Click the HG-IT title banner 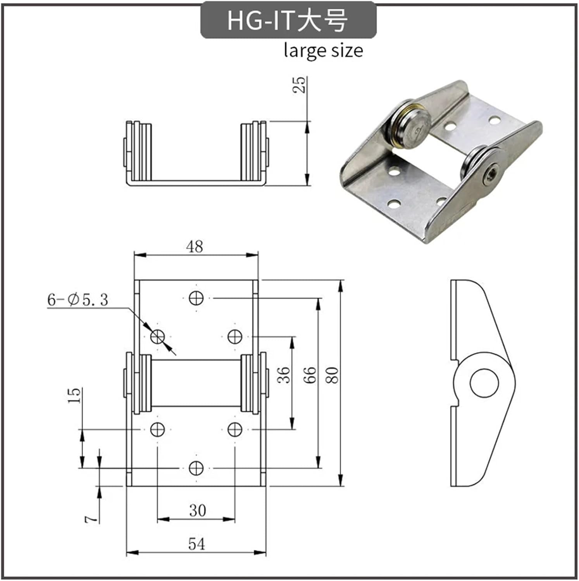288,20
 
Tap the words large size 323,51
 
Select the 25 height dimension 299,84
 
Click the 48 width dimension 195,246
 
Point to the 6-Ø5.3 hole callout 78,299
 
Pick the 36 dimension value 284,375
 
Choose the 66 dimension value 310,375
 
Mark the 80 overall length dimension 332,375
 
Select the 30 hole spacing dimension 197,511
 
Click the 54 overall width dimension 196,544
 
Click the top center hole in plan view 196,298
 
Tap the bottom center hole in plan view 196,468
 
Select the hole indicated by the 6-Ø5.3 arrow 157,337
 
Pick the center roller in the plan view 196,383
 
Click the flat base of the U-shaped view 196,182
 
